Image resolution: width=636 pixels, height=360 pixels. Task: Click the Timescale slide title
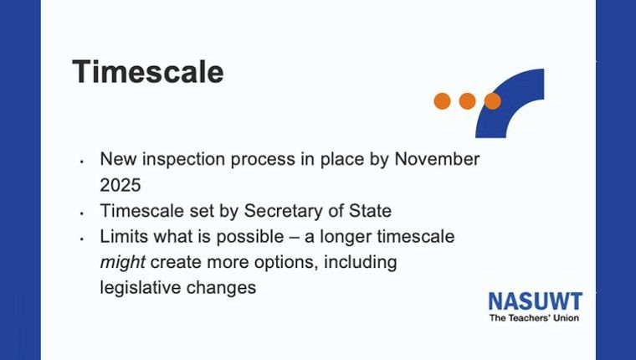tap(148, 72)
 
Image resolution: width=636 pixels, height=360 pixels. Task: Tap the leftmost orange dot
tap(442, 101)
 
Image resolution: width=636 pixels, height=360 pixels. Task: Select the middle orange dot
tap(467, 101)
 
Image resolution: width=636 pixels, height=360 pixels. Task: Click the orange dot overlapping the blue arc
tap(492, 101)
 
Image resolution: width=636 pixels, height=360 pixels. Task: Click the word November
tap(437, 159)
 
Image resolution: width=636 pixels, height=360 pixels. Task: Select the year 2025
tap(121, 185)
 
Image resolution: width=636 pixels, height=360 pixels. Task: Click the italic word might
tap(122, 263)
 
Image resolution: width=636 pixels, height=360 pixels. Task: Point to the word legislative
tap(141, 288)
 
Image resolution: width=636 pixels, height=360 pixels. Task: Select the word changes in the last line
tap(221, 288)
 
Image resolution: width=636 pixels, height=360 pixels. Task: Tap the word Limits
tap(124, 236)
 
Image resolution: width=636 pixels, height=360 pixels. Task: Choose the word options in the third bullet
tap(285, 263)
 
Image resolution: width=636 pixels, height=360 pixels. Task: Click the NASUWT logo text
tap(536, 301)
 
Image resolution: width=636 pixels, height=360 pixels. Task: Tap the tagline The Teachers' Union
tap(534, 318)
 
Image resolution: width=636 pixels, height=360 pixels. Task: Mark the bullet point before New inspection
tap(81, 162)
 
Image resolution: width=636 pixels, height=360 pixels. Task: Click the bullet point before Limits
tap(81, 239)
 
